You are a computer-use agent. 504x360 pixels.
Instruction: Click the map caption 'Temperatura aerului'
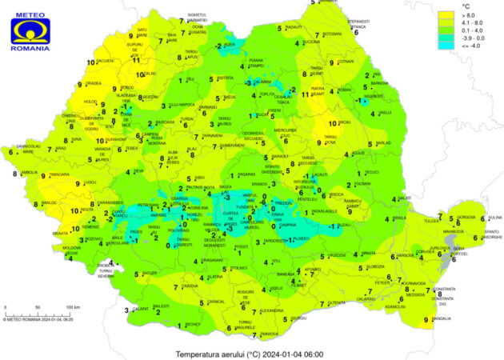point(211,354)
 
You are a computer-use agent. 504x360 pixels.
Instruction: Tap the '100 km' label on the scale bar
point(72,307)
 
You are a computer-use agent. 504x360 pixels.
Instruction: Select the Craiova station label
point(190,286)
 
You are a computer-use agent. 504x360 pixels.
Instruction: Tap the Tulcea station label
point(432,220)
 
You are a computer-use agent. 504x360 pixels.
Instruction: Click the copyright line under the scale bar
point(38,319)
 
